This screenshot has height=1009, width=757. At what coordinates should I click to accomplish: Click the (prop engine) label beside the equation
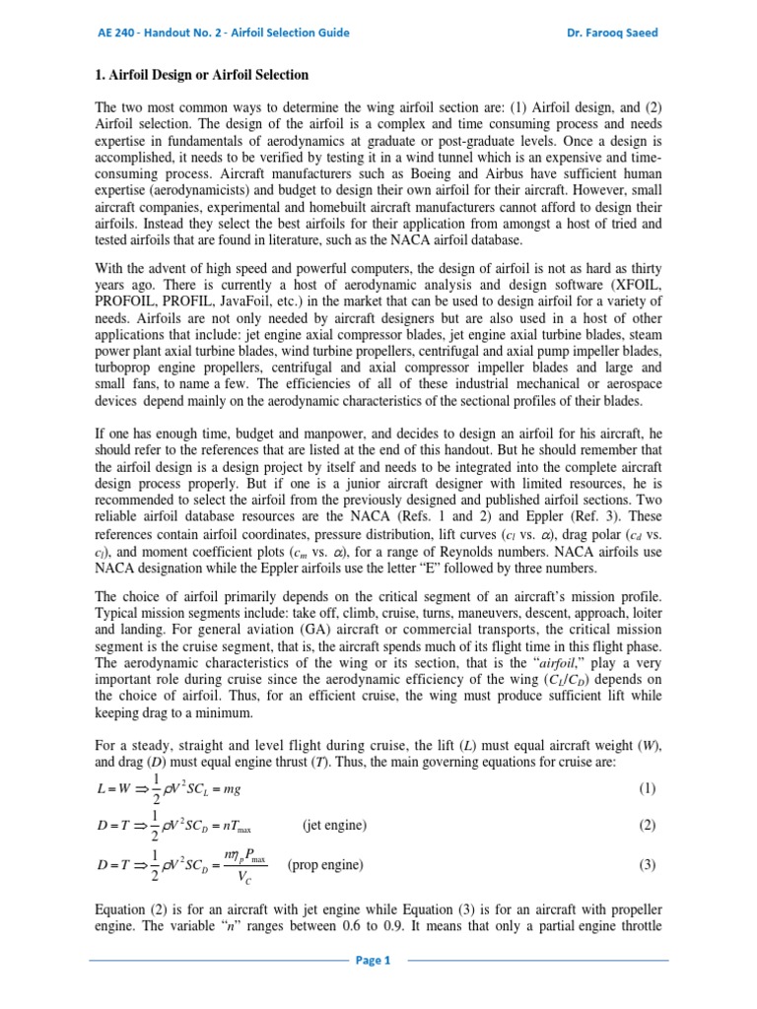point(325,865)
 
